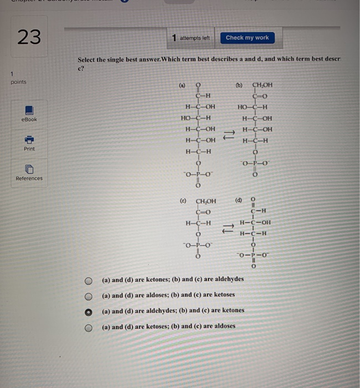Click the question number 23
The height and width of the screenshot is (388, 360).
pos(29,37)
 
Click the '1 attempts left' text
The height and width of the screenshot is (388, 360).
pos(191,38)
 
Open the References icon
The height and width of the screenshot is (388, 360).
pos(29,169)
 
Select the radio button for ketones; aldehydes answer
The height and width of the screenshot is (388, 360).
pos(88,279)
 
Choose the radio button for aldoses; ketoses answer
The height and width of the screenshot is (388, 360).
pos(88,295)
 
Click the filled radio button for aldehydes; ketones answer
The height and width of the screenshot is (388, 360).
pos(88,311)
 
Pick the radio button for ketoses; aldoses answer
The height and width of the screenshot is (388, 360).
pos(88,326)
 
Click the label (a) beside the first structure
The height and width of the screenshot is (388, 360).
pos(182,86)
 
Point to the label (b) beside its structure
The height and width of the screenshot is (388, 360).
pos(239,86)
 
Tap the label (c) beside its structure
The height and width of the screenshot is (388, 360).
pos(182,201)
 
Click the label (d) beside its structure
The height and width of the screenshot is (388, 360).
pos(239,200)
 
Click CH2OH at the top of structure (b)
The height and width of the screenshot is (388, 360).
pos(263,86)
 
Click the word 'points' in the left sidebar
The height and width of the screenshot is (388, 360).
pos(18,82)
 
